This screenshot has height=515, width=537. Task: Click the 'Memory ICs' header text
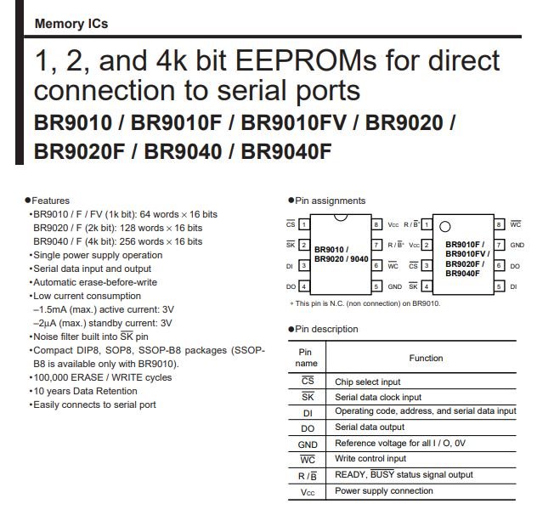[x=71, y=24]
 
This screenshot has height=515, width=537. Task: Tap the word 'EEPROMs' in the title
[x=306, y=60]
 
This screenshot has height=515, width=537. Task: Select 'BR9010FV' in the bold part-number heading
[x=294, y=122]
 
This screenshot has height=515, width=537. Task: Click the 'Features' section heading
[x=50, y=201]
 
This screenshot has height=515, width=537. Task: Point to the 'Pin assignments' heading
[x=331, y=201]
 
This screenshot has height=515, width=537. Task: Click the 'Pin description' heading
[x=326, y=329]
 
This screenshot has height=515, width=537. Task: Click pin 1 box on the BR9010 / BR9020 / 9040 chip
[x=304, y=224]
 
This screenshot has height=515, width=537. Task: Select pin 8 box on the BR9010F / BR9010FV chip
[x=499, y=224]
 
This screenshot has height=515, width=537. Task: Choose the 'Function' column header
[x=426, y=358]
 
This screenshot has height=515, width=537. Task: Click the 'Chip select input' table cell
[x=367, y=382]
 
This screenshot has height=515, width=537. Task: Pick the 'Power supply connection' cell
[x=384, y=490]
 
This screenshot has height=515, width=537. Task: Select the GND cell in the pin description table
[x=308, y=444]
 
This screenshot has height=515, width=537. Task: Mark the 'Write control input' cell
[x=370, y=458]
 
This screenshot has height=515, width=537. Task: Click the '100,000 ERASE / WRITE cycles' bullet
[x=103, y=377]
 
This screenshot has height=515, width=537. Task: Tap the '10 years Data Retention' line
[x=85, y=391]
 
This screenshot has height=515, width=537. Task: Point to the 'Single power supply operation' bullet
[x=98, y=255]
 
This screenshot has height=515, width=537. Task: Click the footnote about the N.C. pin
[x=365, y=303]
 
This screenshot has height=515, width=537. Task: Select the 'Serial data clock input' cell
[x=378, y=397]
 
